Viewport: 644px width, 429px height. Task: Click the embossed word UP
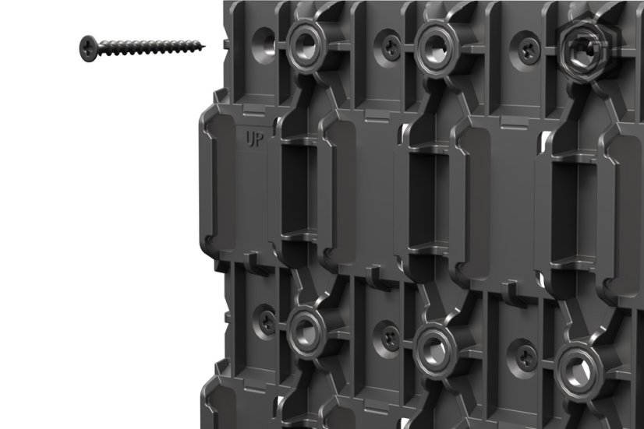point(253,141)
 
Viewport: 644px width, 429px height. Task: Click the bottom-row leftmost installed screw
point(267,320)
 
